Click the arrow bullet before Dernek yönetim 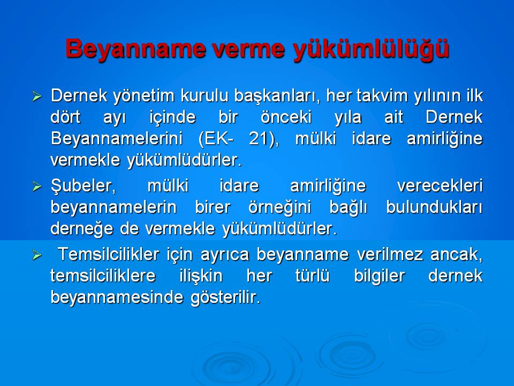36,97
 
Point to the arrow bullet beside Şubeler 36,187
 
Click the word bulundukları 434,207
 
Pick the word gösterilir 225,298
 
